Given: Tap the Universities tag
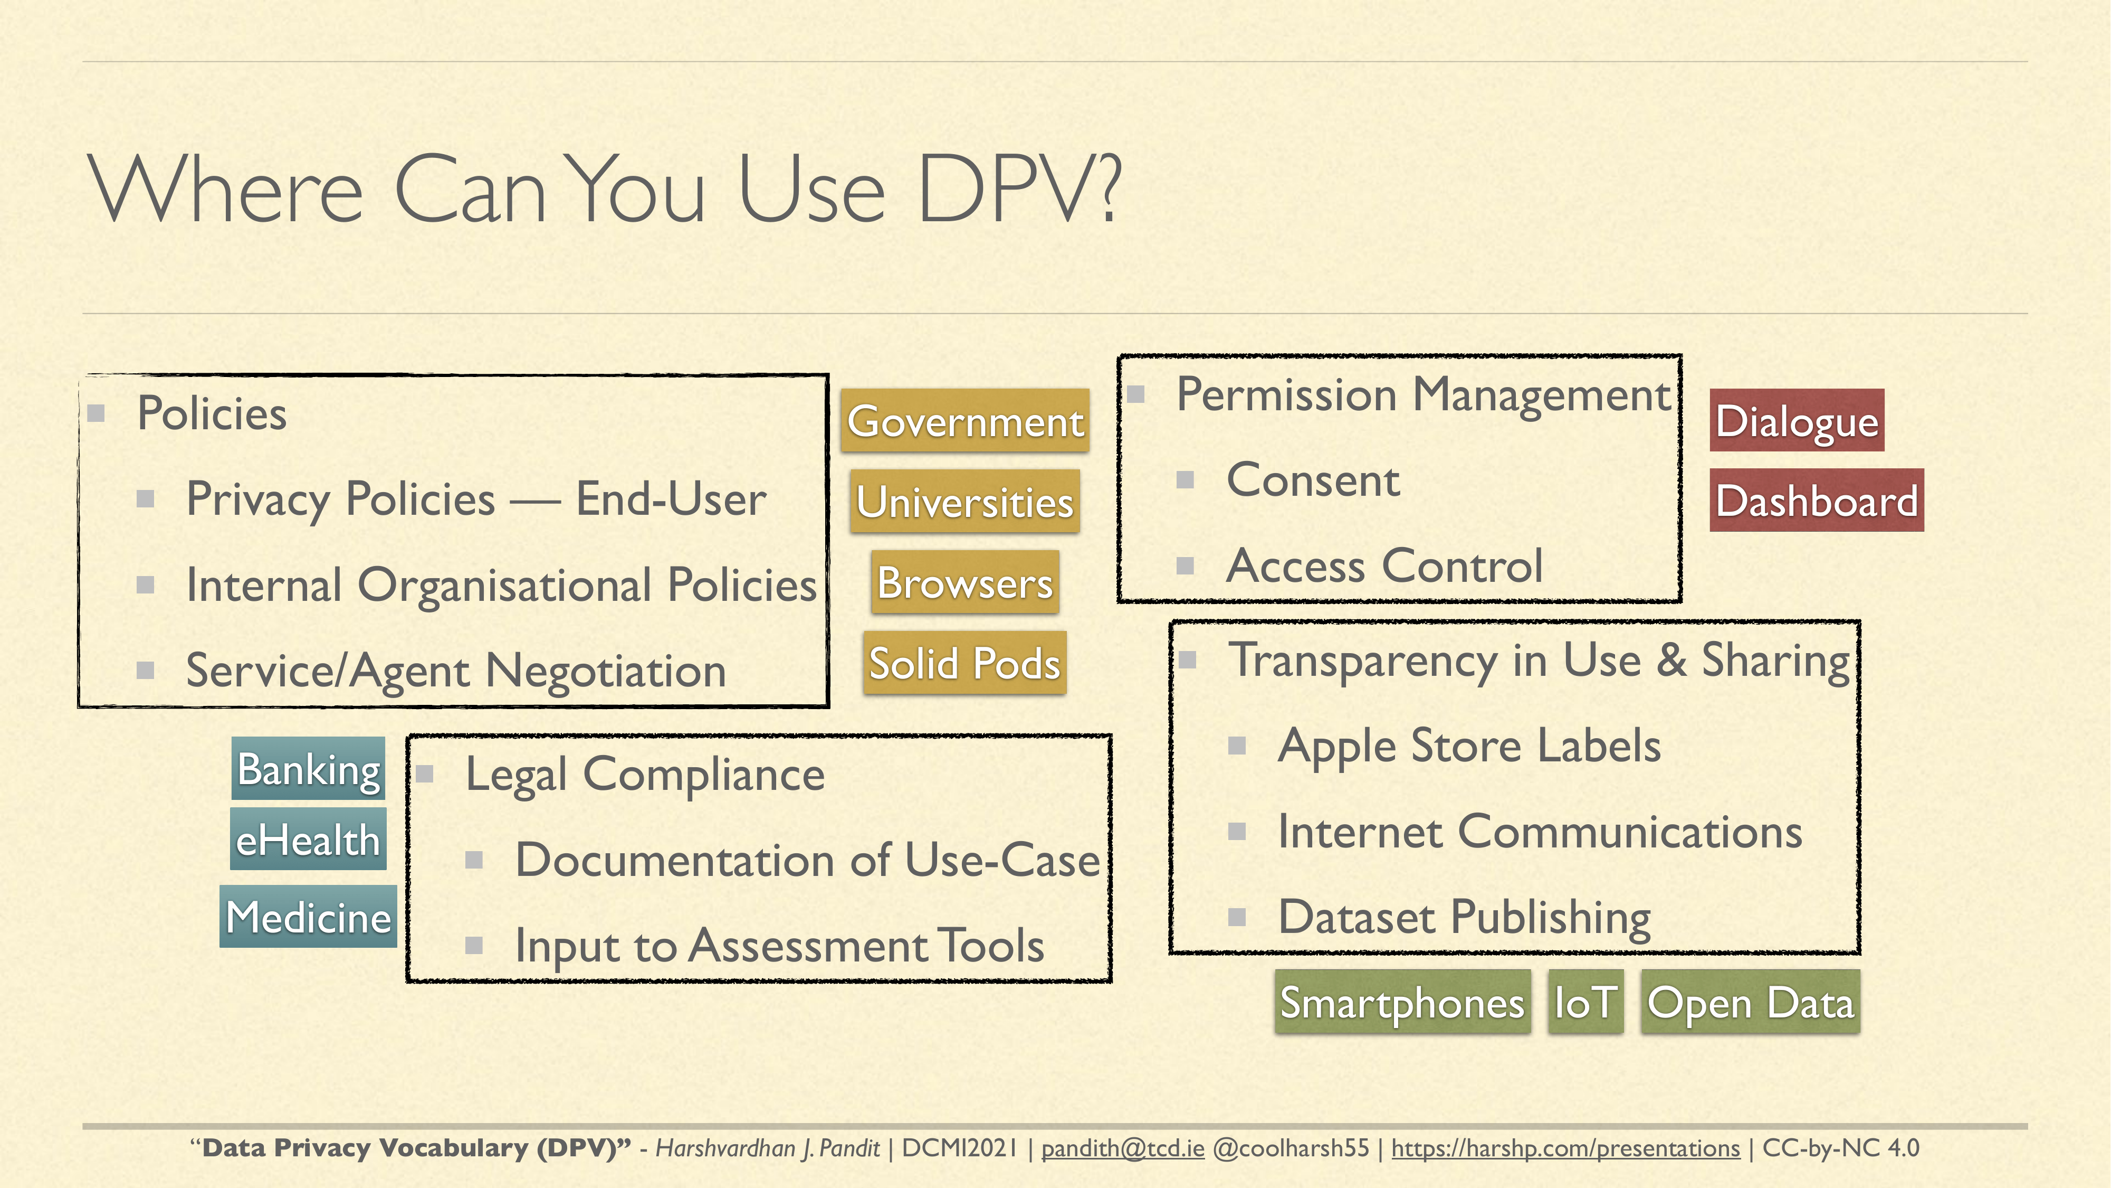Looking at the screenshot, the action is (964, 501).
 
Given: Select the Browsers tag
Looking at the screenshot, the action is (964, 582).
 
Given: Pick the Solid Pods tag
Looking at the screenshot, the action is (964, 663).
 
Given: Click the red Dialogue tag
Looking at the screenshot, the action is (1797, 420).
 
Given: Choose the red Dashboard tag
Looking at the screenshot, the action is (1816, 500).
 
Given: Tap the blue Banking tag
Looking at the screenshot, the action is (308, 768).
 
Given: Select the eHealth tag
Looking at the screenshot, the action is (308, 839).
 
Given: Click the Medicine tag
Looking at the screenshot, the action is (308, 916).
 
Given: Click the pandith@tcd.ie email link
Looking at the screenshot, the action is (1123, 1148).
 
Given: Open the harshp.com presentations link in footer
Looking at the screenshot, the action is (1565, 1148).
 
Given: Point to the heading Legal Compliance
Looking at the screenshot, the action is (645, 775).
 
